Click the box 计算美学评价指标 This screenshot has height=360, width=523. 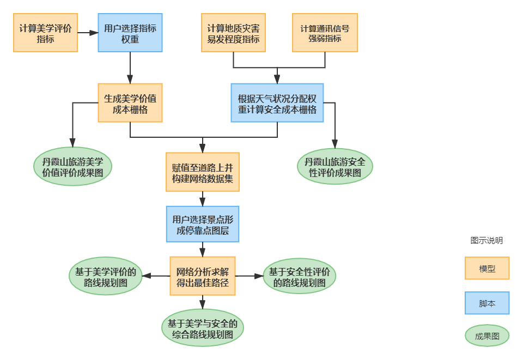click(46, 33)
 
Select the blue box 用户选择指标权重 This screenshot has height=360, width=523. click(130, 33)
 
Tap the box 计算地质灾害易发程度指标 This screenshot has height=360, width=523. click(233, 33)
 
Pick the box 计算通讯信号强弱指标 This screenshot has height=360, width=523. click(325, 33)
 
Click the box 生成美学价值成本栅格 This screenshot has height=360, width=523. click(130, 103)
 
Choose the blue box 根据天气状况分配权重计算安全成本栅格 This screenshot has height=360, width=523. click(277, 103)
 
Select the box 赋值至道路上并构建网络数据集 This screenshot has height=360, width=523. click(202, 172)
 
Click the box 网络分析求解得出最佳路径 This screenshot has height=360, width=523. click(202, 276)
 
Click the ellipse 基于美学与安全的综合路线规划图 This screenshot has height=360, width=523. click(202, 328)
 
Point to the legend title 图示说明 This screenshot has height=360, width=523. click(486, 241)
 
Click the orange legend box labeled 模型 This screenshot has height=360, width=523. click(487, 269)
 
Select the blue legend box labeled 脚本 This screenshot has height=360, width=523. click(487, 303)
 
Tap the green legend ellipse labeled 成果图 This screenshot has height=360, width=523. click(487, 336)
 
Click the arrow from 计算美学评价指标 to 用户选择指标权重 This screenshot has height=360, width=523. click(88, 33)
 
